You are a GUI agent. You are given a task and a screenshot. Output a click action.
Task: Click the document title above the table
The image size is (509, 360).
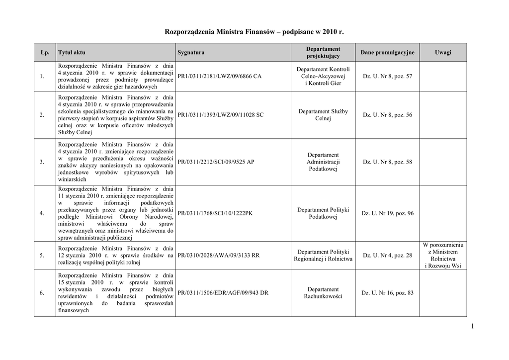point(254,32)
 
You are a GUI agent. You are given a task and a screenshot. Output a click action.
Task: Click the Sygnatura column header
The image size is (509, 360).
point(191,53)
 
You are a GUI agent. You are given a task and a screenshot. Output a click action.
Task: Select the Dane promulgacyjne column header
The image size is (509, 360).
point(387,52)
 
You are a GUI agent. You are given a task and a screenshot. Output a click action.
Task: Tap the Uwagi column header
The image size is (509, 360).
point(443,52)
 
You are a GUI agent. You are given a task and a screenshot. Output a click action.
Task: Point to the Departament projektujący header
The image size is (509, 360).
point(323,52)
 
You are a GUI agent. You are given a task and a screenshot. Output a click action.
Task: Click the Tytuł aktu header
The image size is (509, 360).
point(68,53)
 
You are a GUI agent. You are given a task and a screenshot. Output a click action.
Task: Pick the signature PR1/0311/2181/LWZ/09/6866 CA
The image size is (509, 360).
point(219,77)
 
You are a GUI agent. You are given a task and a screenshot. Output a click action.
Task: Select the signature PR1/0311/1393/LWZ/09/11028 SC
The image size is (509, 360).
point(220,115)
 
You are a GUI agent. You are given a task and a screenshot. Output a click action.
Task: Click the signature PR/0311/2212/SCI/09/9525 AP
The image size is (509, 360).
point(216,162)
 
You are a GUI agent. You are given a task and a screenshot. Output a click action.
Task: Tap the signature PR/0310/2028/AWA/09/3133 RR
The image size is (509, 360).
point(218,256)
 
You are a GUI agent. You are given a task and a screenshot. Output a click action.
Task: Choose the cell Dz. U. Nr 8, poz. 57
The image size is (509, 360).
point(387,77)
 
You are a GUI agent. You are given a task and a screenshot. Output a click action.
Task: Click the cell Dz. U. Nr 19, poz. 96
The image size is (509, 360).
point(387,213)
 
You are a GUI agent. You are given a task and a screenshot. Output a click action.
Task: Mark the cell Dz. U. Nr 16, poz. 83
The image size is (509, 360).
point(387,293)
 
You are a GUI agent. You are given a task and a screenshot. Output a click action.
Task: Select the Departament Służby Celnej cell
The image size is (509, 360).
point(323,115)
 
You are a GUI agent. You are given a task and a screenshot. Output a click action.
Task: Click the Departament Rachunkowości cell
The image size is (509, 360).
point(323,293)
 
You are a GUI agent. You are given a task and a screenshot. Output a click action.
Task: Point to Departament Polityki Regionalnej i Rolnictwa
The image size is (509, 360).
point(323,256)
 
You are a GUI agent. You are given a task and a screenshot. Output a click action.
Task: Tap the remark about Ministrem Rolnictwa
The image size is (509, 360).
point(443,256)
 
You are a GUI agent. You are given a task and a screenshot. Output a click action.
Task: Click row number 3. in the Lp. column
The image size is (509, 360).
point(42,162)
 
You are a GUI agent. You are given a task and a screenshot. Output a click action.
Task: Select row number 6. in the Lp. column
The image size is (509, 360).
point(42,293)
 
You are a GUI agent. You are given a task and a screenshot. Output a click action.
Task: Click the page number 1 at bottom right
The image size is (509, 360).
point(470,326)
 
